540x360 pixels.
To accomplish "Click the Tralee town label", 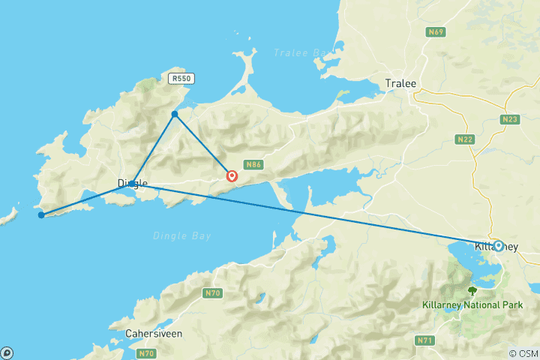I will coord(400,83).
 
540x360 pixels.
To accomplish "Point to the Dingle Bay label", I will coord(182,235).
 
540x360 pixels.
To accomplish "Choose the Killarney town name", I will coord(496,247).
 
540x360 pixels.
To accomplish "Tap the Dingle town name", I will coord(133,183).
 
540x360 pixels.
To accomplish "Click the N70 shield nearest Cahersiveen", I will coord(146,352).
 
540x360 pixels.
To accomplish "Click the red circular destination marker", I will coord(232,177).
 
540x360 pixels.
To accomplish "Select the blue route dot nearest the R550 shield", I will coord(175,114).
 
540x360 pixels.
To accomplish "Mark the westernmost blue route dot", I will coord(40,215).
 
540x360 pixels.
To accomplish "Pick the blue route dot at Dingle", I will coord(132,183).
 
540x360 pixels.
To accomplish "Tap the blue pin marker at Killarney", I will coord(498,245).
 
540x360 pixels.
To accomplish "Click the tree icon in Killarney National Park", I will coord(472,291).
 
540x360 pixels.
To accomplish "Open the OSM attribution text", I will coord(523,353).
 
